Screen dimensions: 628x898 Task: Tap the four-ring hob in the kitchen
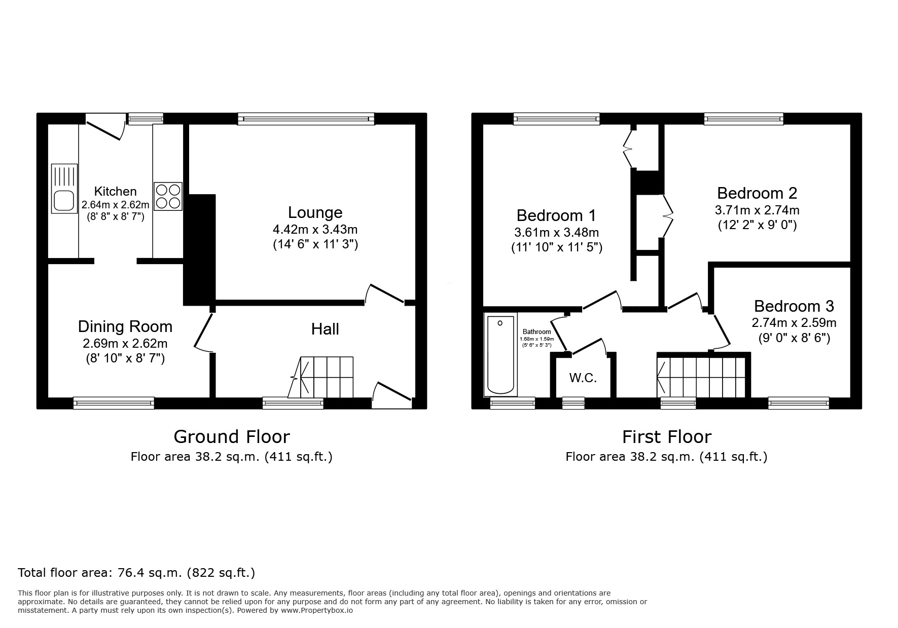(x=168, y=196)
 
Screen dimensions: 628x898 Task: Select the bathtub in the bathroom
(x=500, y=355)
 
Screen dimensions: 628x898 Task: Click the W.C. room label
(x=583, y=378)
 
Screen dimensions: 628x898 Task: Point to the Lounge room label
(x=315, y=212)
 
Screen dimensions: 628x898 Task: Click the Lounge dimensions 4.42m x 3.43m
(x=315, y=229)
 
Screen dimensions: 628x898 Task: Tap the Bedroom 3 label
(x=794, y=306)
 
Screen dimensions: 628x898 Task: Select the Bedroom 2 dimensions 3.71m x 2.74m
(x=757, y=210)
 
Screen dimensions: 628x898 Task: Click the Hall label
(x=325, y=329)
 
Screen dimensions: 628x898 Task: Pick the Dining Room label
(x=125, y=326)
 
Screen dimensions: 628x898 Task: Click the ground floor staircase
(x=322, y=378)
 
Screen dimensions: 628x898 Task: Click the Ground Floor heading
(x=232, y=436)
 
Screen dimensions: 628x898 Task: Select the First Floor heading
(x=666, y=436)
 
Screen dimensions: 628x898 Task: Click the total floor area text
(x=136, y=573)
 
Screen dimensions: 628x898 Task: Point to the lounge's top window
(x=306, y=119)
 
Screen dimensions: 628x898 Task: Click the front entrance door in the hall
(x=392, y=395)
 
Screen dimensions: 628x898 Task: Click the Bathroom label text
(x=536, y=332)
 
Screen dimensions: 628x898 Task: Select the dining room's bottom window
(x=114, y=403)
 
